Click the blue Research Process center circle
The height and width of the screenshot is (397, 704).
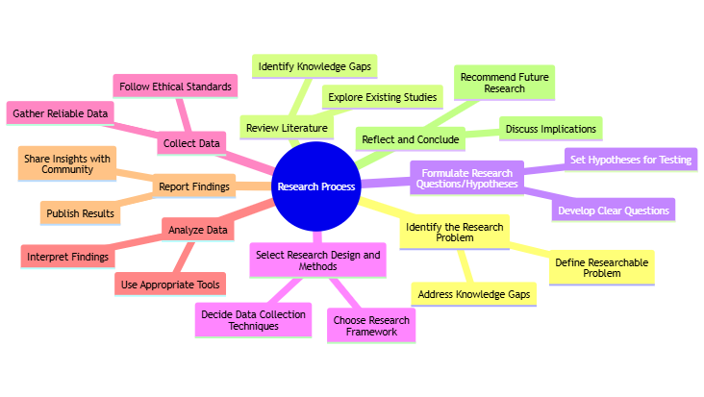coord(314,186)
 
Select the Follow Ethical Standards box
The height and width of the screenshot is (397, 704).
coord(176,87)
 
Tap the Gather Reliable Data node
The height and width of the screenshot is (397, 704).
coord(61,113)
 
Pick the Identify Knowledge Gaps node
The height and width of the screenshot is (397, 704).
coord(314,66)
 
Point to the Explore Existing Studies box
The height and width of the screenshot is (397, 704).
coord(382,97)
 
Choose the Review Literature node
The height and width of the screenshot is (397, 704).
coord(287,128)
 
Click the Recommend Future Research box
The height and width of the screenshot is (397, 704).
coord(505,82)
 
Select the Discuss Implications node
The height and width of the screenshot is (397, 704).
coord(549,128)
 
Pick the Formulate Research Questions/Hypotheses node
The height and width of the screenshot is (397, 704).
coord(466,178)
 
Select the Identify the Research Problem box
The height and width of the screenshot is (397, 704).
coord(454,232)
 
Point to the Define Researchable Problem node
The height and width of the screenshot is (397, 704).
coord(602,267)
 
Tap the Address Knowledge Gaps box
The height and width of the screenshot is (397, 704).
coord(472,292)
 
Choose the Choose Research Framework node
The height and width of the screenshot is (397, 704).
coord(370,326)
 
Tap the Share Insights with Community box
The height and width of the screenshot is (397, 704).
coord(67,163)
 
